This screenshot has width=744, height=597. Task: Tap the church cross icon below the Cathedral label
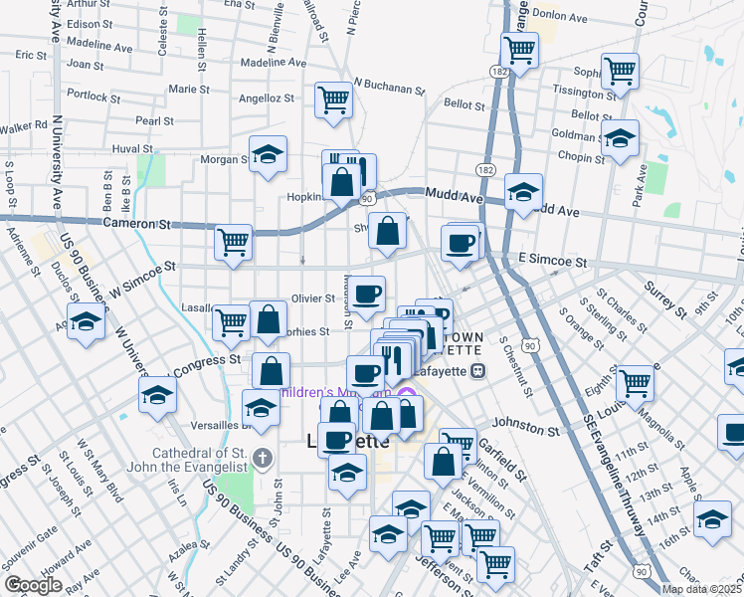tap(262, 458)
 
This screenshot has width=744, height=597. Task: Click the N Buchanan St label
tap(389, 88)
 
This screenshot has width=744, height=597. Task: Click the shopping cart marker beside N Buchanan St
tap(333, 99)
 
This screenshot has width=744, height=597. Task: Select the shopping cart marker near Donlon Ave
tap(518, 48)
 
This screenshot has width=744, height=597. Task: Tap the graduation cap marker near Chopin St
tap(620, 138)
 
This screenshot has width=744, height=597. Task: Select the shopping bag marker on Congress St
tap(271, 369)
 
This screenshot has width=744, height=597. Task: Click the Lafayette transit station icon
tap(477, 371)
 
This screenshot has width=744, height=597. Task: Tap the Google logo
tap(33, 585)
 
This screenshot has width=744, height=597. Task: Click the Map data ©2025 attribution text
tap(700, 589)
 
